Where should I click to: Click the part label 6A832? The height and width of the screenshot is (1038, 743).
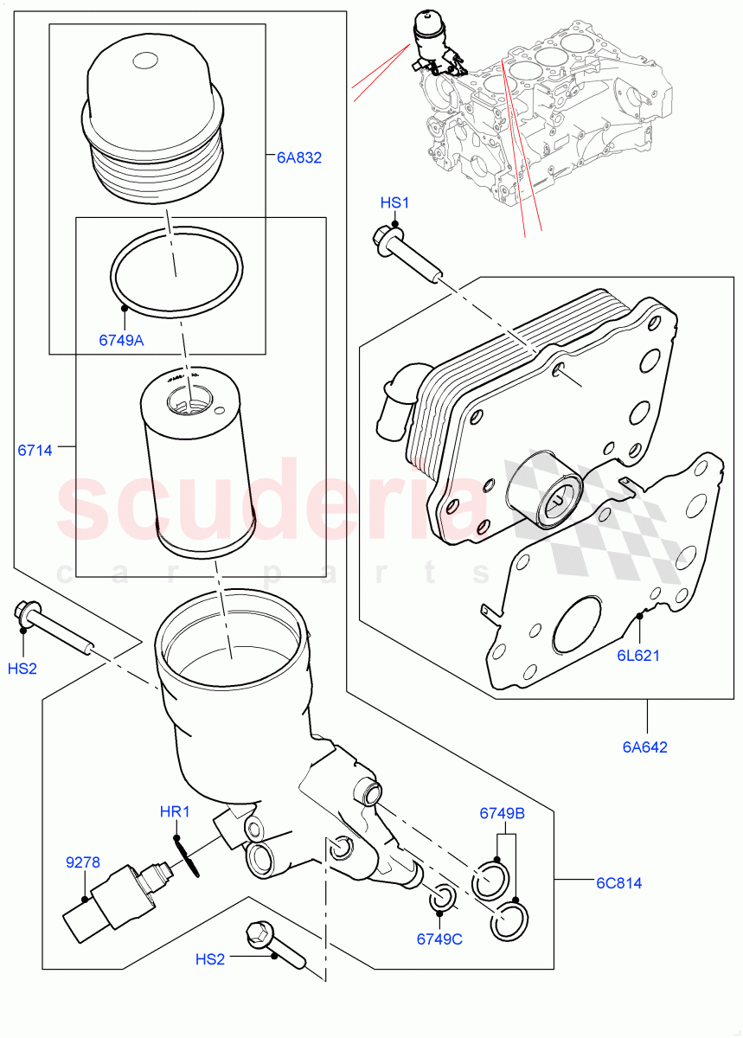coord(298,157)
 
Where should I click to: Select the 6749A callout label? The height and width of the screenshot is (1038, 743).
coord(121,340)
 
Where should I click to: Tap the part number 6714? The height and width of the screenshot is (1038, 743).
coord(35,450)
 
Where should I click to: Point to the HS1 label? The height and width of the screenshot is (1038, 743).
coord(394,202)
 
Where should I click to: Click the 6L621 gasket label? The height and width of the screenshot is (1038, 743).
coord(638,655)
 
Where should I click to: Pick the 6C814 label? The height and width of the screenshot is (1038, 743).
coord(618,883)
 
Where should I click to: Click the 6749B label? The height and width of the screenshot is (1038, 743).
coord(503,814)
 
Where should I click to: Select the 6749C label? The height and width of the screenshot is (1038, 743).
coord(439,939)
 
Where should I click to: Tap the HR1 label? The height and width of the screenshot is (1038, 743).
coord(174,813)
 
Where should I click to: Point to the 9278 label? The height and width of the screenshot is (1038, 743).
coord(83,862)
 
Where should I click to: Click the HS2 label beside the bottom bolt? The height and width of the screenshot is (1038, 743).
coord(209,959)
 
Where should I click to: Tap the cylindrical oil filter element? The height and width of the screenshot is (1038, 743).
coord(198,463)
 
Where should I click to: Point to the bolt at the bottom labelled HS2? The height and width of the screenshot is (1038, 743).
coord(274,947)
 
